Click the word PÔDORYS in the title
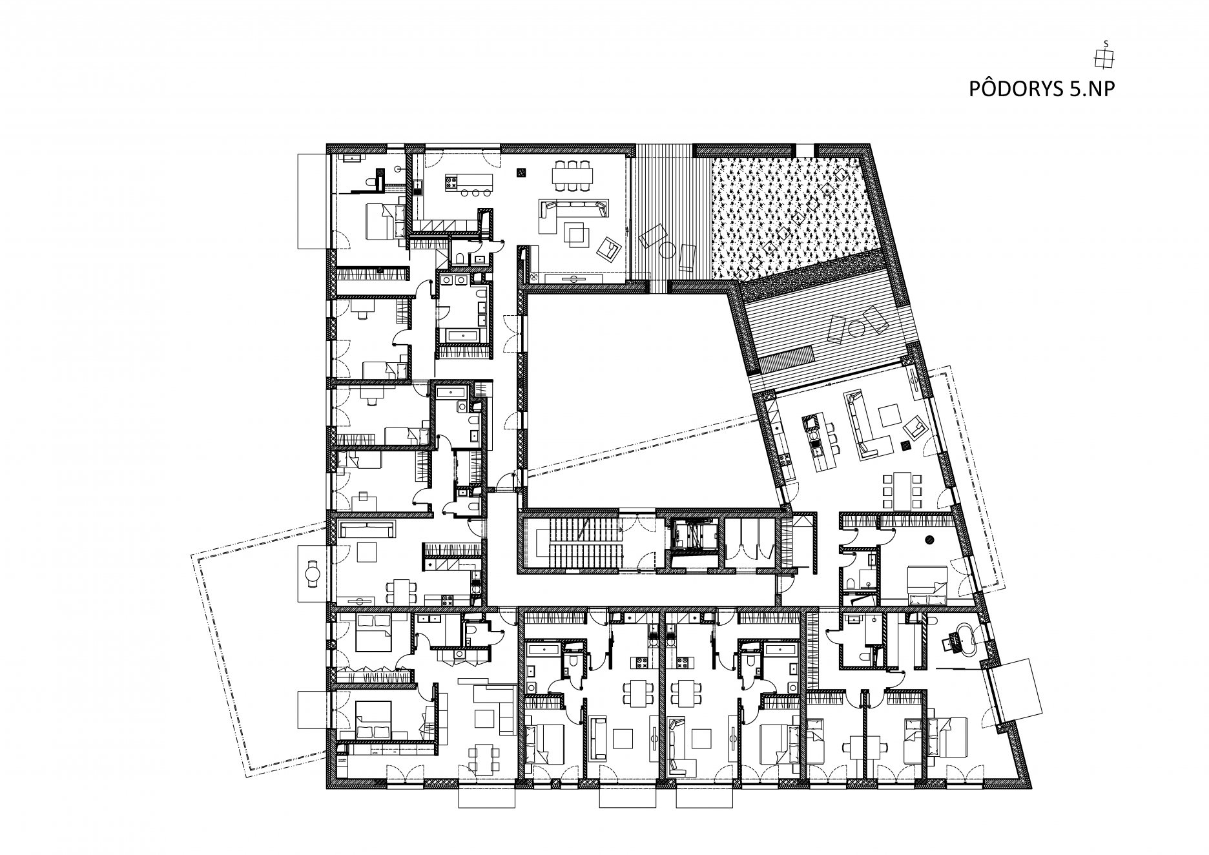1011,88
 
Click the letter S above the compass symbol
1105,44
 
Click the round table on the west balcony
313,573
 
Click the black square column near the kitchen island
521,172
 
